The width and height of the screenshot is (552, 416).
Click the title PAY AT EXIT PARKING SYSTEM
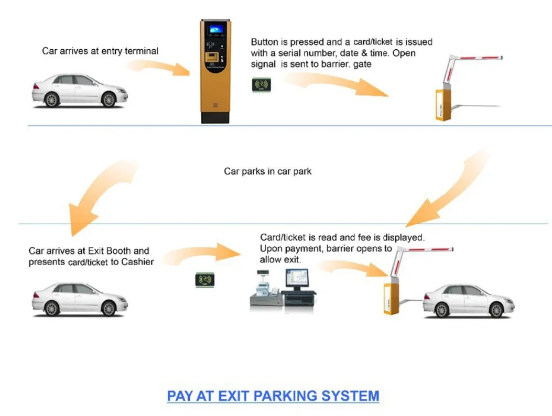pos(273,396)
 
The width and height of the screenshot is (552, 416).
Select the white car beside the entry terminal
pos(79,90)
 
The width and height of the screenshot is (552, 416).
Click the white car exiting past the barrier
pos(468,301)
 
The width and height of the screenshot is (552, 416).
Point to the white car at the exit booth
pos(79,299)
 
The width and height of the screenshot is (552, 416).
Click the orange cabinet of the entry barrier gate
pos(443,105)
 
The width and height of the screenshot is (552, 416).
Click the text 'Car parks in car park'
pos(267,171)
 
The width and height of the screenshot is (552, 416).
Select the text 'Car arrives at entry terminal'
pos(100,51)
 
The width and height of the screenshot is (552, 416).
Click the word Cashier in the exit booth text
pos(137,261)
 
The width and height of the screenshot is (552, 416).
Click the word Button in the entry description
pos(265,42)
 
